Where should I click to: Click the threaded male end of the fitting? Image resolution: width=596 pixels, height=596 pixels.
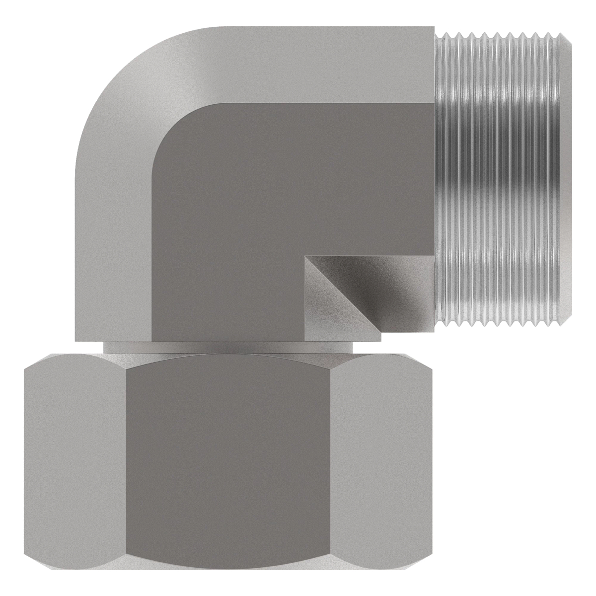click(x=502, y=179)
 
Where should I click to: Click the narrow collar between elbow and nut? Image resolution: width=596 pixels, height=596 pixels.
click(x=228, y=348)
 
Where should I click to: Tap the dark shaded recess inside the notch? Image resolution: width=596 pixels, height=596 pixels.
click(x=387, y=288)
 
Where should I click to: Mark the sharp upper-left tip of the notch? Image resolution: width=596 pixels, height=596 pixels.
click(x=306, y=256)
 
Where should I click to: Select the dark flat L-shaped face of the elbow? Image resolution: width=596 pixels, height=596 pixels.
click(x=223, y=223)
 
